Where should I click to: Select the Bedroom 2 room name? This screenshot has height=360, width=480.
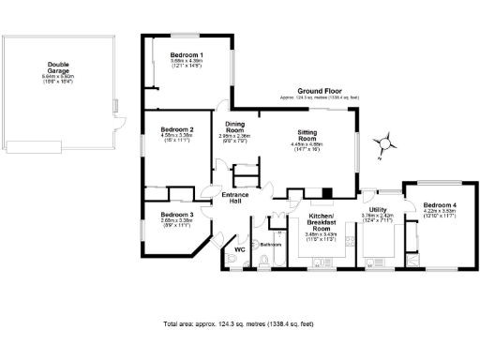click(177, 128)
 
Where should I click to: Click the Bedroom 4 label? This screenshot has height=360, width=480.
click(439, 205)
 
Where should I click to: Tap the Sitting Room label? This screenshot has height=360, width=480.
click(308, 136)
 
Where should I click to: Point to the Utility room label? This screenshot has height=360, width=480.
click(378, 209)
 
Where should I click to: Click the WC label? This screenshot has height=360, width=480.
click(239, 249)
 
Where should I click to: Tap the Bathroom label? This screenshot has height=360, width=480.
click(271, 245)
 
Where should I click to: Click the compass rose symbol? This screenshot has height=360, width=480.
click(382, 142)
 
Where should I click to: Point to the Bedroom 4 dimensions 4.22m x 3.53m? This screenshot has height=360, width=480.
click(439, 212)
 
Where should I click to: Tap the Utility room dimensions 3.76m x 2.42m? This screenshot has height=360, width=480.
click(378, 216)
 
